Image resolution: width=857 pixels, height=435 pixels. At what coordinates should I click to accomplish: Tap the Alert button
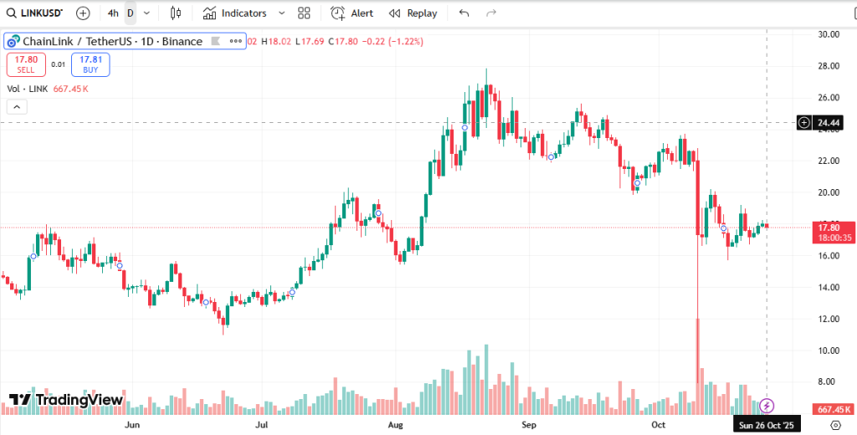click(x=352, y=13)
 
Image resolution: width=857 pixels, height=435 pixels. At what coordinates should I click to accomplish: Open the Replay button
click(x=413, y=13)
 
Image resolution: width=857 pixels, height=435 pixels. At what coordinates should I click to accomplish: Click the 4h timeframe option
click(x=113, y=13)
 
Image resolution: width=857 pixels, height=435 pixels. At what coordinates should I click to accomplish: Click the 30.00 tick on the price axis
click(x=829, y=34)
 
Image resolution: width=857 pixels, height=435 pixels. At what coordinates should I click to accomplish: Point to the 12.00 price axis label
click(x=829, y=319)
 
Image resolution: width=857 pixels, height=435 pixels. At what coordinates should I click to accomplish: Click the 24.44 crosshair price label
click(x=829, y=123)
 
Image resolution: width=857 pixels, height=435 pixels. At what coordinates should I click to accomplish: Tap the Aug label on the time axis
click(x=397, y=425)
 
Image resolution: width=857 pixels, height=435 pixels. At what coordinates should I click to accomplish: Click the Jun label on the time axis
click(x=131, y=425)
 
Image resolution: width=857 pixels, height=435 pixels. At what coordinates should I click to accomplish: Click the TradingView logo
click(x=66, y=400)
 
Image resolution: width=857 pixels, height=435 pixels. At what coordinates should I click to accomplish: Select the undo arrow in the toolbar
click(x=464, y=13)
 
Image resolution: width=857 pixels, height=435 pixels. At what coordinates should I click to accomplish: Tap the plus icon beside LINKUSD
click(x=83, y=13)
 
